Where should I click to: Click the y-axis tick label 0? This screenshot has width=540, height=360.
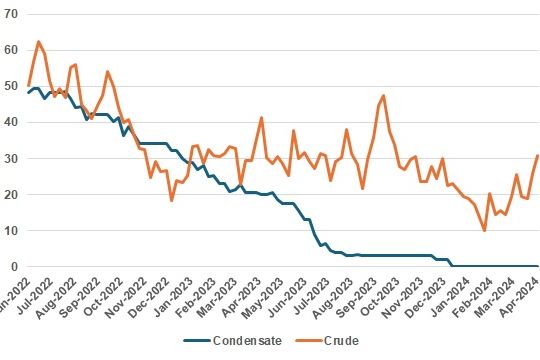tap(14, 266)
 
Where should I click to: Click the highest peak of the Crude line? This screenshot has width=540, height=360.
tap(38, 42)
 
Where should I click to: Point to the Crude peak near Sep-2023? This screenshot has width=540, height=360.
tap(383, 96)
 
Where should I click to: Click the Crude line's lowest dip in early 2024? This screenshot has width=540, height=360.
tap(485, 231)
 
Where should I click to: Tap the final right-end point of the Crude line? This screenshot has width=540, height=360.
tap(538, 155)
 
